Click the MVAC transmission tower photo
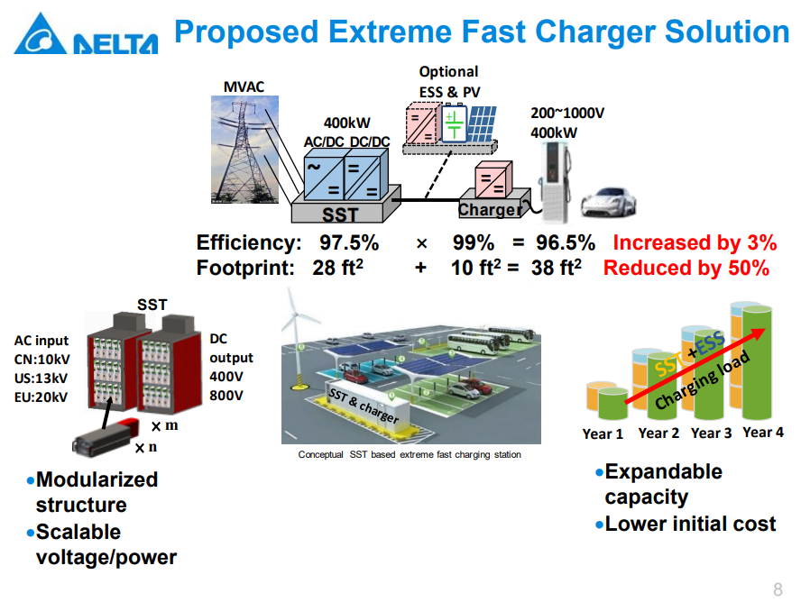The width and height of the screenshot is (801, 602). [x=244, y=149]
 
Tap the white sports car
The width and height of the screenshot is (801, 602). [x=608, y=203]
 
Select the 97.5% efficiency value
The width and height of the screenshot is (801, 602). [x=349, y=242]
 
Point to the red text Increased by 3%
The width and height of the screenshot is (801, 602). [x=695, y=242]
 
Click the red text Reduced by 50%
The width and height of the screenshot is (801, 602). [x=686, y=268]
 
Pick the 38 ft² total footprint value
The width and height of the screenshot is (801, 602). [x=557, y=267]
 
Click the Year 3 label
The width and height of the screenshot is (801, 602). [x=711, y=433]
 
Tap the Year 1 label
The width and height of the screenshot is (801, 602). [x=603, y=433]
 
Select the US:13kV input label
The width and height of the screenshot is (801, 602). [x=41, y=378]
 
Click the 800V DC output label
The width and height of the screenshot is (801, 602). [x=226, y=396]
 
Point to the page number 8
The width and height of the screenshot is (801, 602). [x=778, y=589]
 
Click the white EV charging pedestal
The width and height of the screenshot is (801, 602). [x=556, y=182]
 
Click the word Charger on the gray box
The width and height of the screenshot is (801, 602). [x=490, y=210]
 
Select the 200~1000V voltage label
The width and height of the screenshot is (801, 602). [x=567, y=113]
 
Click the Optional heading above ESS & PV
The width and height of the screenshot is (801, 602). [x=448, y=72]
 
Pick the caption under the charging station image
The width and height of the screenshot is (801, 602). [x=410, y=454]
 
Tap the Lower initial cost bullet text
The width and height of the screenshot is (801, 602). [x=690, y=524]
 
